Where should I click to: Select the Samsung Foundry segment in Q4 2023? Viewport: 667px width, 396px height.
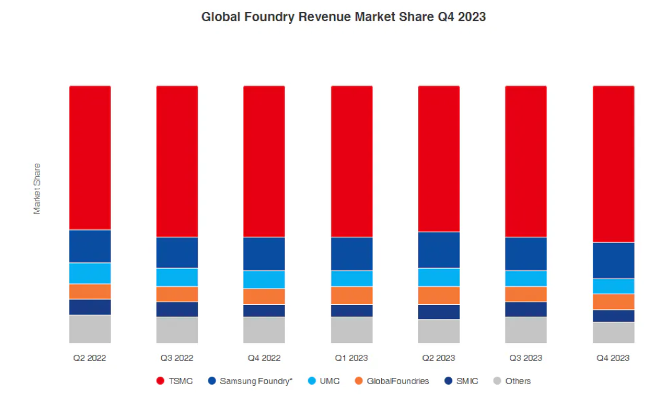613,260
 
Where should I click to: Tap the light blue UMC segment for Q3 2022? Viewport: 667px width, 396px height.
177,277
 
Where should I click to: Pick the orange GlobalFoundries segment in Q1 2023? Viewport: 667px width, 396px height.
351,295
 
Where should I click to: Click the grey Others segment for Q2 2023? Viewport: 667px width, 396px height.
439,331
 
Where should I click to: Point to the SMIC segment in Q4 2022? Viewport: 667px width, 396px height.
264,310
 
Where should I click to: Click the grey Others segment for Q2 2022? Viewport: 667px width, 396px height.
90,329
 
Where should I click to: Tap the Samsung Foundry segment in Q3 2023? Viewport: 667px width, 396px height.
525,254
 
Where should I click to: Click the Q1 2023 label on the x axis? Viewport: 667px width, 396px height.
351,359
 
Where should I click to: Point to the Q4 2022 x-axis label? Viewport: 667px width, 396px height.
264,359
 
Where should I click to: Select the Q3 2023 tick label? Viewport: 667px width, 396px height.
525,359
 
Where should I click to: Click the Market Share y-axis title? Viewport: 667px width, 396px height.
37,189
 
